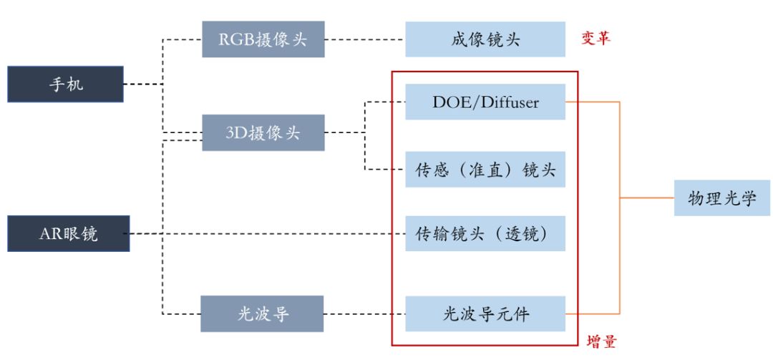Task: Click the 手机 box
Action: [x=66, y=84]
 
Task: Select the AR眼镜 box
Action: [x=69, y=233]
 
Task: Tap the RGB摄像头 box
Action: [x=263, y=39]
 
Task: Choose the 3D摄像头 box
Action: [x=263, y=132]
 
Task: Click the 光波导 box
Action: [x=262, y=313]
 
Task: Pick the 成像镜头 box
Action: [x=485, y=39]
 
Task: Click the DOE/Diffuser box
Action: [x=485, y=102]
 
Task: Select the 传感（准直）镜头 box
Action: [x=485, y=170]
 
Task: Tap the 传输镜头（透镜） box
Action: [x=485, y=233]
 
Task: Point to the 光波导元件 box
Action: [x=485, y=313]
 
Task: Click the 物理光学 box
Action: [x=721, y=198]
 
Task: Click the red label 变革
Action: [x=595, y=38]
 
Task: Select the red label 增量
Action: [x=601, y=341]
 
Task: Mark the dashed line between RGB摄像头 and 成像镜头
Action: [x=365, y=39]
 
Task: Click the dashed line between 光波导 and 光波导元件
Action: [x=365, y=313]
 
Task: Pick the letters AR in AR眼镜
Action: [x=48, y=233]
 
